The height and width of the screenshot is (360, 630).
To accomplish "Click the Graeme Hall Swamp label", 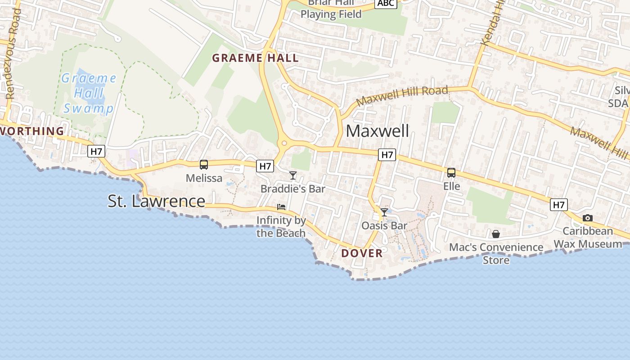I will (89, 94).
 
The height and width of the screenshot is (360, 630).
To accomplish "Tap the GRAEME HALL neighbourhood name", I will (255, 58).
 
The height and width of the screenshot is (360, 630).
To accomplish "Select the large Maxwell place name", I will (377, 131).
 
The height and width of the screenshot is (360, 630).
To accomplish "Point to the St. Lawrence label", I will (156, 201).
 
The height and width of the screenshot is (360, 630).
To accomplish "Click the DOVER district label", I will (362, 253).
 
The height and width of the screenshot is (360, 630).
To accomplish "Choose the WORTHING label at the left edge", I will (32, 131).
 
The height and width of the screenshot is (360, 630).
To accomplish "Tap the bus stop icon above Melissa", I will (204, 165).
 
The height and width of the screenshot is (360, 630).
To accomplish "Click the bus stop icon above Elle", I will (451, 172).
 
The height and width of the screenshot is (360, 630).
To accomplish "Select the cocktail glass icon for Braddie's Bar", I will (293, 175).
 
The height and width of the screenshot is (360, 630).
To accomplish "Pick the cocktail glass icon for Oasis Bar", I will (384, 212).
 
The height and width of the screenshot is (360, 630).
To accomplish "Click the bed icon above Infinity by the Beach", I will (281, 207).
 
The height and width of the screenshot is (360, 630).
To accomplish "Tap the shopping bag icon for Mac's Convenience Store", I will (495, 234).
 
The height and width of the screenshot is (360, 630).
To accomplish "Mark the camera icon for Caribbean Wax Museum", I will (587, 218).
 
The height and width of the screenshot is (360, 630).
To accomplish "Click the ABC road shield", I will (386, 4).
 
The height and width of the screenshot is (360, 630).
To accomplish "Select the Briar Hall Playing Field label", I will (331, 9).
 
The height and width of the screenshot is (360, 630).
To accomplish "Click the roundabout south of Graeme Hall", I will (284, 144).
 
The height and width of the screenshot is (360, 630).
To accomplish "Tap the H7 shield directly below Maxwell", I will (387, 155).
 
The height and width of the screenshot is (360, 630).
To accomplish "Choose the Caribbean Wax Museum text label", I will (588, 238).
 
